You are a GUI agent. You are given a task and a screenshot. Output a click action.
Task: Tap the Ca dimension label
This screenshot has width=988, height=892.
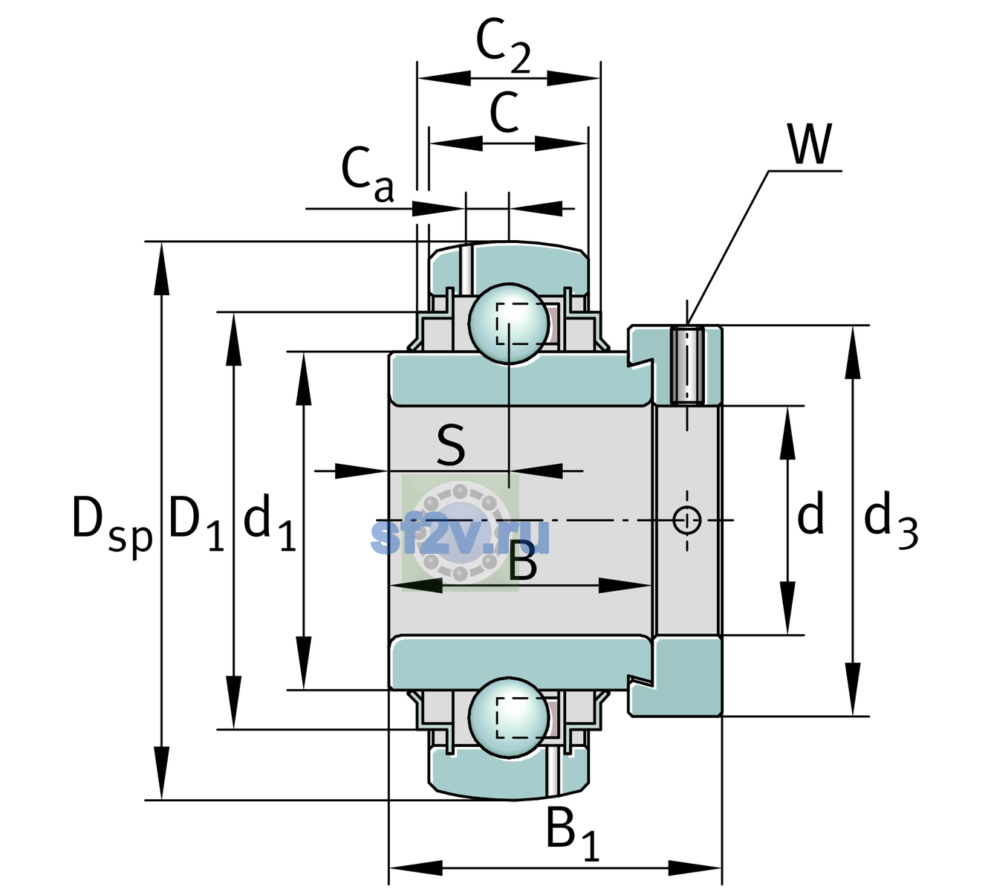(368, 175)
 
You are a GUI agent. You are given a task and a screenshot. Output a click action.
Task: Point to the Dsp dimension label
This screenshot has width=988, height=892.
(112, 526)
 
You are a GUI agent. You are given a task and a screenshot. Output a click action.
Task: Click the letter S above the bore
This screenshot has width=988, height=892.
(451, 446)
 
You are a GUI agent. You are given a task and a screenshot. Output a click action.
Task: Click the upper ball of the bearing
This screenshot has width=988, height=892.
(509, 324)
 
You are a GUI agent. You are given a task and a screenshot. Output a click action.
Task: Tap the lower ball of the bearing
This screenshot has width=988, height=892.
(509, 717)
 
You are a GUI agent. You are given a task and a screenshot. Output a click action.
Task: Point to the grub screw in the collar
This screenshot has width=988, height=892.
(688, 365)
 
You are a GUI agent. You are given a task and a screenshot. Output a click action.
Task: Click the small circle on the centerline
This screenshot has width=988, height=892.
(687, 520)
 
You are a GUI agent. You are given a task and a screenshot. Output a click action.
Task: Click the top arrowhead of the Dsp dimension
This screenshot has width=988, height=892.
(161, 268)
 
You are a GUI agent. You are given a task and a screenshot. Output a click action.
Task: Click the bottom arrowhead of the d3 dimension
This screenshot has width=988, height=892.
(853, 689)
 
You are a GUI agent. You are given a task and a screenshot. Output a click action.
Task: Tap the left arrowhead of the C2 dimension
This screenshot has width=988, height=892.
(444, 78)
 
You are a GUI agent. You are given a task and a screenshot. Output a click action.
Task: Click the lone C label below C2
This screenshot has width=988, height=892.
(505, 112)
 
